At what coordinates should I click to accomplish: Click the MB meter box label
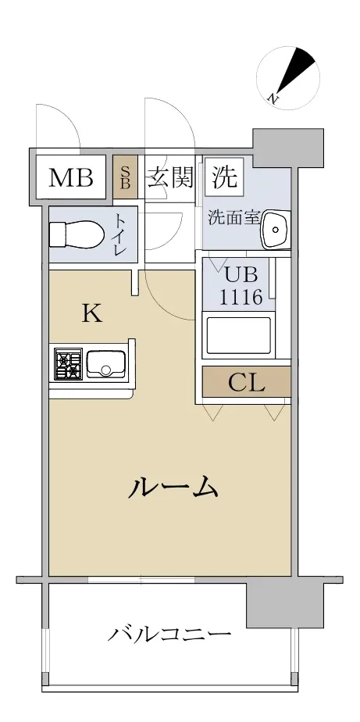pos(71,177)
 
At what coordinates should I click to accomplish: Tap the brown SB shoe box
pos(125,177)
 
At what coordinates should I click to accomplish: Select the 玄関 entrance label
pos(170,177)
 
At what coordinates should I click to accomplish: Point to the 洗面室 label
pos(234,217)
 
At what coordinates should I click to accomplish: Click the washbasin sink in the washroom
pos(276,229)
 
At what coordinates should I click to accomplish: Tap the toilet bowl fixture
pos(76,234)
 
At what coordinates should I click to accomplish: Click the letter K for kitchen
pos(92,314)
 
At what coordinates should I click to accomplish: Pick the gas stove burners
pos(68,364)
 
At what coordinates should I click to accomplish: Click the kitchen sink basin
pos(106,364)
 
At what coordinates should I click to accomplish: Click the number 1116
pos(241,297)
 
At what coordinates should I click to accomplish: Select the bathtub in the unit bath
pos(238,335)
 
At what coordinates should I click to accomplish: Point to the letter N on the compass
pos(273,98)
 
